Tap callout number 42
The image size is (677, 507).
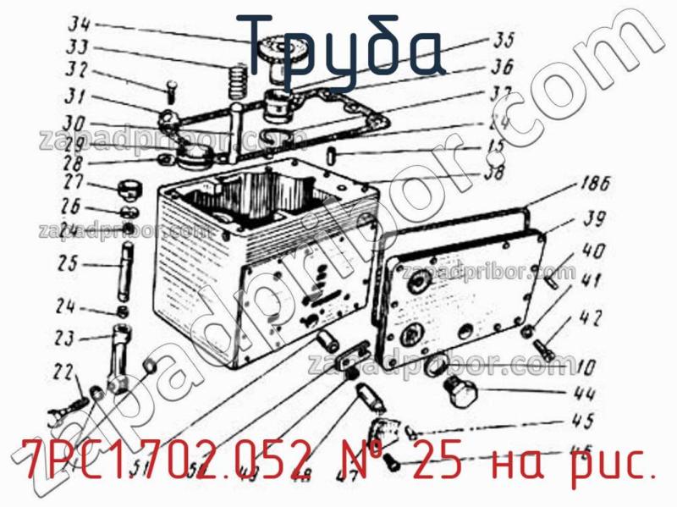[x=590, y=318]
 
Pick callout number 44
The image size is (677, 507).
[x=583, y=394]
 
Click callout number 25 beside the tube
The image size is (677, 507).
[x=68, y=263]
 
